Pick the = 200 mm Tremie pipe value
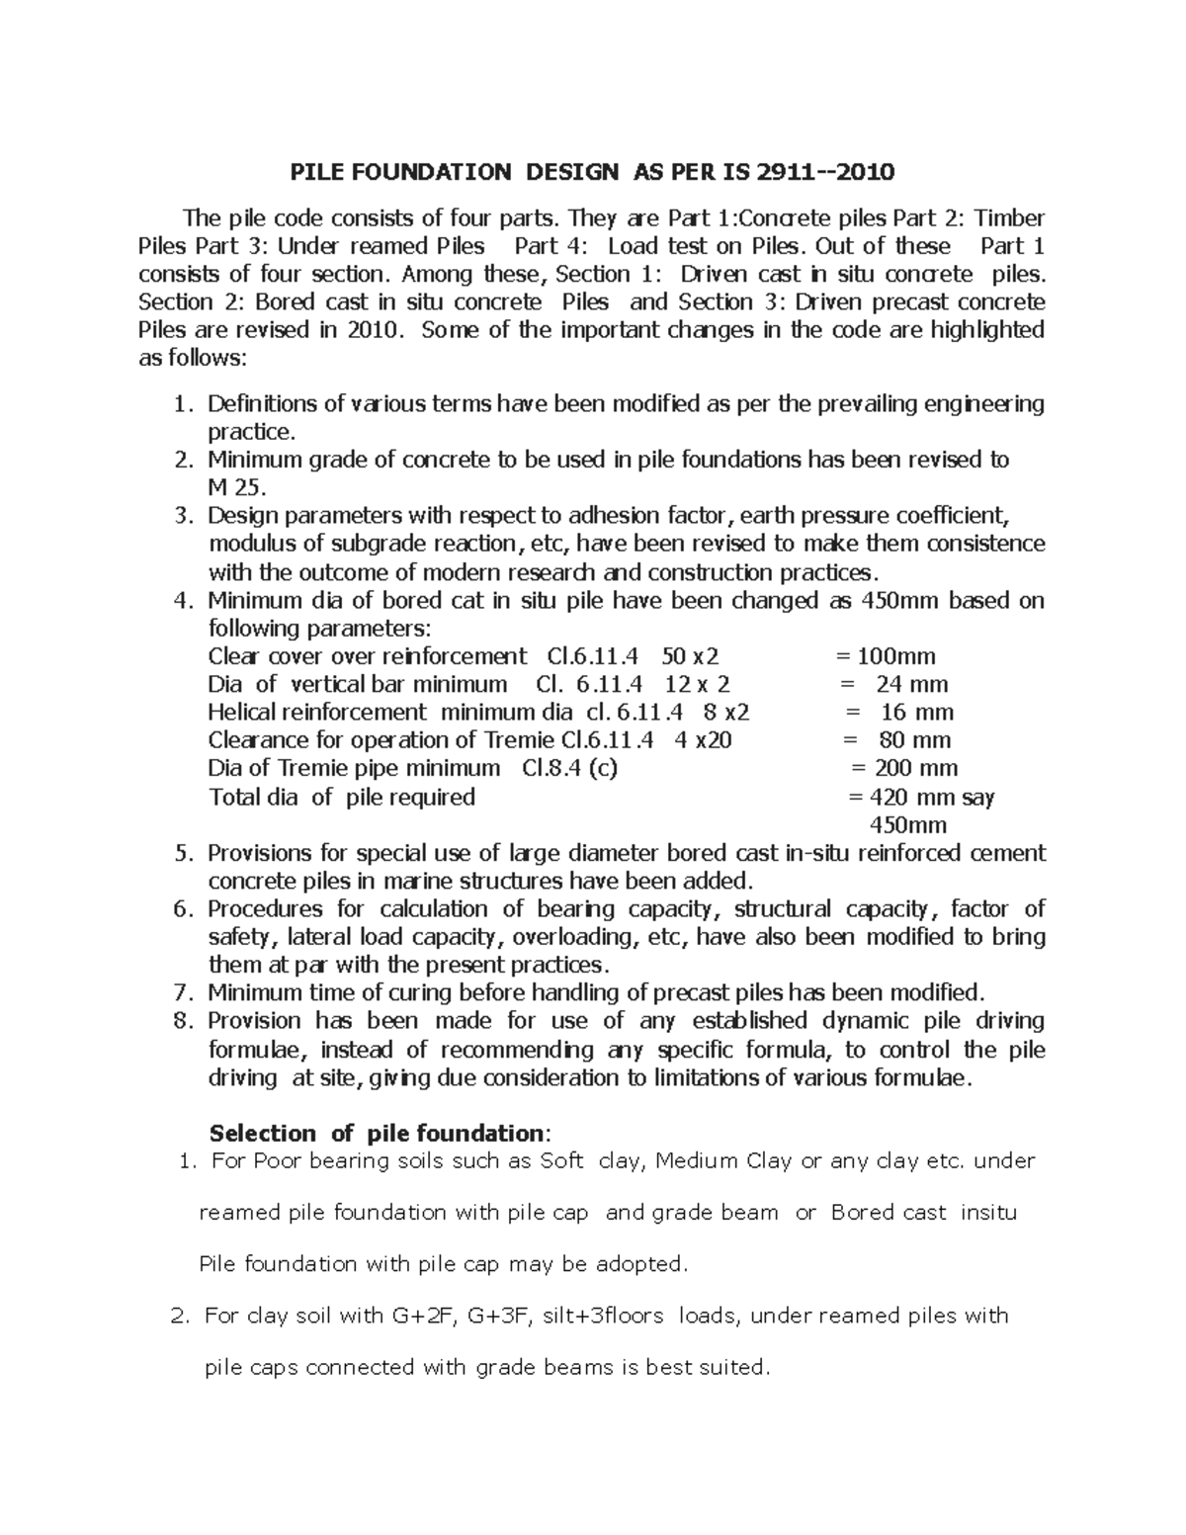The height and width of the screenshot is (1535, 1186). click(x=903, y=768)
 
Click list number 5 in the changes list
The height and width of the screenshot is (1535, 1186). click(x=181, y=853)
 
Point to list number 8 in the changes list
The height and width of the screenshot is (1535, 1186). click(x=181, y=1021)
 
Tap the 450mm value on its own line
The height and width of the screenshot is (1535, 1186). click(x=907, y=825)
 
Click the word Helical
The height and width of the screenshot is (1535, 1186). click(x=243, y=712)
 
